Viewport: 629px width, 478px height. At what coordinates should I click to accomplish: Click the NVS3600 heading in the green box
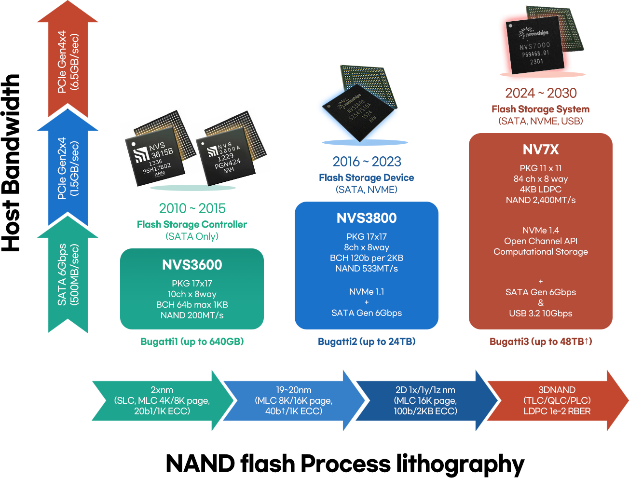tap(192, 265)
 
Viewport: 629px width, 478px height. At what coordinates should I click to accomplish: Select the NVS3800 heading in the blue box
tap(367, 218)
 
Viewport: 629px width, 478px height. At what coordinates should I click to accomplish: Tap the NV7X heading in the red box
tap(541, 150)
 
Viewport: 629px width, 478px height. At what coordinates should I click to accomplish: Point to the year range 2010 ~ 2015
tap(192, 208)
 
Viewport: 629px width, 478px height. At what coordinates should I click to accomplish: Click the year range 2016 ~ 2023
tap(367, 162)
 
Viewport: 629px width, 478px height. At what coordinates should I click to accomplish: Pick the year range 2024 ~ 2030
tap(541, 93)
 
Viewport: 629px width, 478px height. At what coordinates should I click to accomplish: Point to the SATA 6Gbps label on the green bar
tap(68, 274)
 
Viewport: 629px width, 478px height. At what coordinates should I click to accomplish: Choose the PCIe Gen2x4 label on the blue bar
tap(68, 168)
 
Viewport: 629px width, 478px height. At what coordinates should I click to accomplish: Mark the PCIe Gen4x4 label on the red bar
tap(68, 62)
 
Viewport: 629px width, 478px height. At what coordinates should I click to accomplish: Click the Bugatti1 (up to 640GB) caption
tap(192, 341)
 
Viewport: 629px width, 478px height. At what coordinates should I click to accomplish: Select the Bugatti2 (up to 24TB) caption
tap(367, 341)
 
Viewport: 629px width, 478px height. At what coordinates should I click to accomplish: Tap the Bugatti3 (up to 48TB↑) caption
tap(541, 341)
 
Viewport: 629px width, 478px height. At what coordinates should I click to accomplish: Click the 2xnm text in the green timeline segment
tap(162, 390)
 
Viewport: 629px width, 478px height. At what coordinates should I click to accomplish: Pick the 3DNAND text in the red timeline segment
tap(557, 390)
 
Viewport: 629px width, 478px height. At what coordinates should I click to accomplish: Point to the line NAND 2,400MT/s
tap(541, 200)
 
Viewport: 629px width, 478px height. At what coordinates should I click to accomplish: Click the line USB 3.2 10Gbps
tap(541, 314)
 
